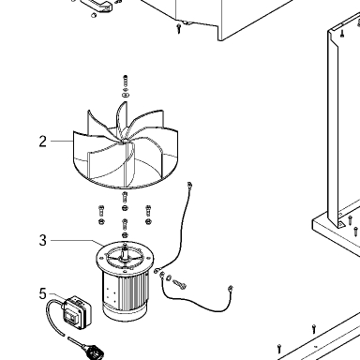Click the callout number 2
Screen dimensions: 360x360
click(x=43, y=142)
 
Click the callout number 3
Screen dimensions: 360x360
click(x=43, y=240)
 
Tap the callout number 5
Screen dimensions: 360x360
click(x=43, y=293)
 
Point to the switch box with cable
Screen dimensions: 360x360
click(x=77, y=311)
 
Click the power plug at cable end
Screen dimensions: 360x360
click(x=94, y=351)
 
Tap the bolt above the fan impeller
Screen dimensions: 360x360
click(x=126, y=82)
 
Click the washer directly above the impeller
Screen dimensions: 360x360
click(x=126, y=95)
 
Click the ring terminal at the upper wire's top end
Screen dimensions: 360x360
click(x=189, y=185)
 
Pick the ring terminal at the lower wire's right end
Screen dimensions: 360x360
click(x=231, y=288)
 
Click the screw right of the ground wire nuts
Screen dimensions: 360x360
click(x=179, y=283)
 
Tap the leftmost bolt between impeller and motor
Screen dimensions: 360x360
click(x=101, y=211)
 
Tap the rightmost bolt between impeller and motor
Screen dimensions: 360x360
click(x=148, y=211)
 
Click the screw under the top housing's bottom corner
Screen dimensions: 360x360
click(x=179, y=28)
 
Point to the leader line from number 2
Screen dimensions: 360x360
click(x=62, y=142)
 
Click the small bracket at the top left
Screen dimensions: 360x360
click(x=97, y=5)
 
